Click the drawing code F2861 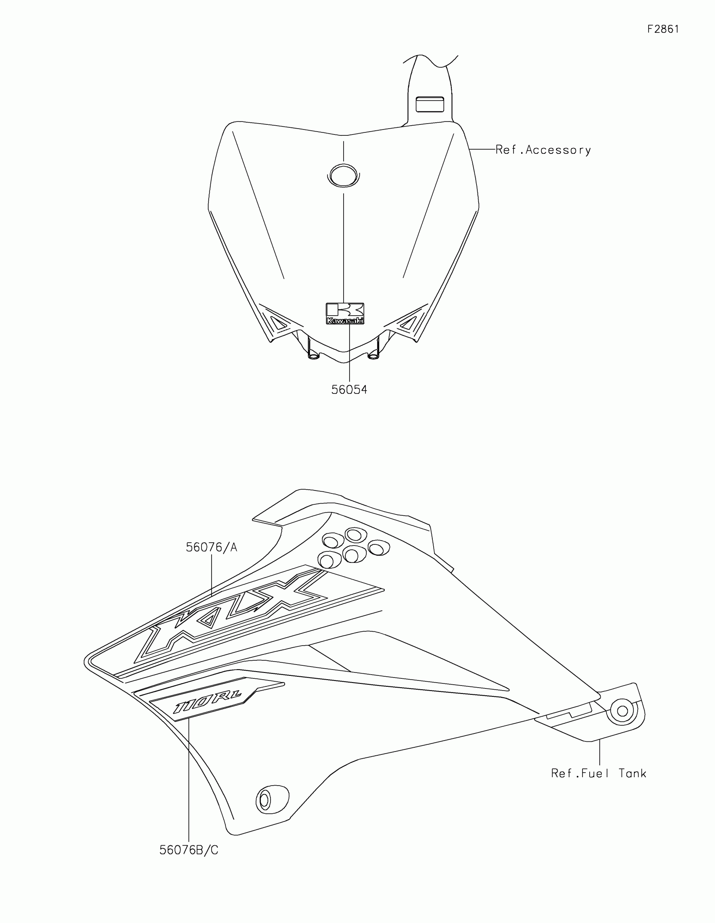[663, 29]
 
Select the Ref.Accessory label [543, 150]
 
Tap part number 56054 [349, 390]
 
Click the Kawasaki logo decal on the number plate [345, 314]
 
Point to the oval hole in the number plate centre [343, 174]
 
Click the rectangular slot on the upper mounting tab [429, 104]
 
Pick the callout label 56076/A [212, 548]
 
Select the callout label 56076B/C [189, 850]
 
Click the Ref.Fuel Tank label [599, 773]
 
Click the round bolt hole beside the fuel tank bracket [622, 711]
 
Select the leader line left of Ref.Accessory [482, 149]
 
